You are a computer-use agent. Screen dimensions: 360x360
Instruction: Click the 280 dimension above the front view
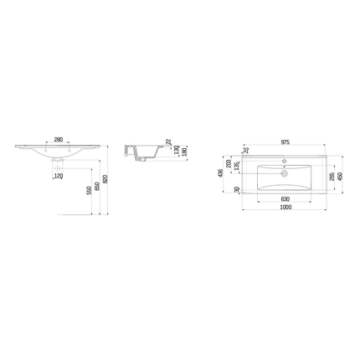coord(59,139)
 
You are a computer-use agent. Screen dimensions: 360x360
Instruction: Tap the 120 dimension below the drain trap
coord(59,177)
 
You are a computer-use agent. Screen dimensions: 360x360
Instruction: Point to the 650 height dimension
coord(97,186)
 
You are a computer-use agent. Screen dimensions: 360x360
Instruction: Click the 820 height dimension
coord(106,180)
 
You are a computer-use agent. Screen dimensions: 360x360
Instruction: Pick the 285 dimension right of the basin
coord(332,177)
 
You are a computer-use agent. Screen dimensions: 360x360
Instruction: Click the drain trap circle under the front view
coord(59,159)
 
